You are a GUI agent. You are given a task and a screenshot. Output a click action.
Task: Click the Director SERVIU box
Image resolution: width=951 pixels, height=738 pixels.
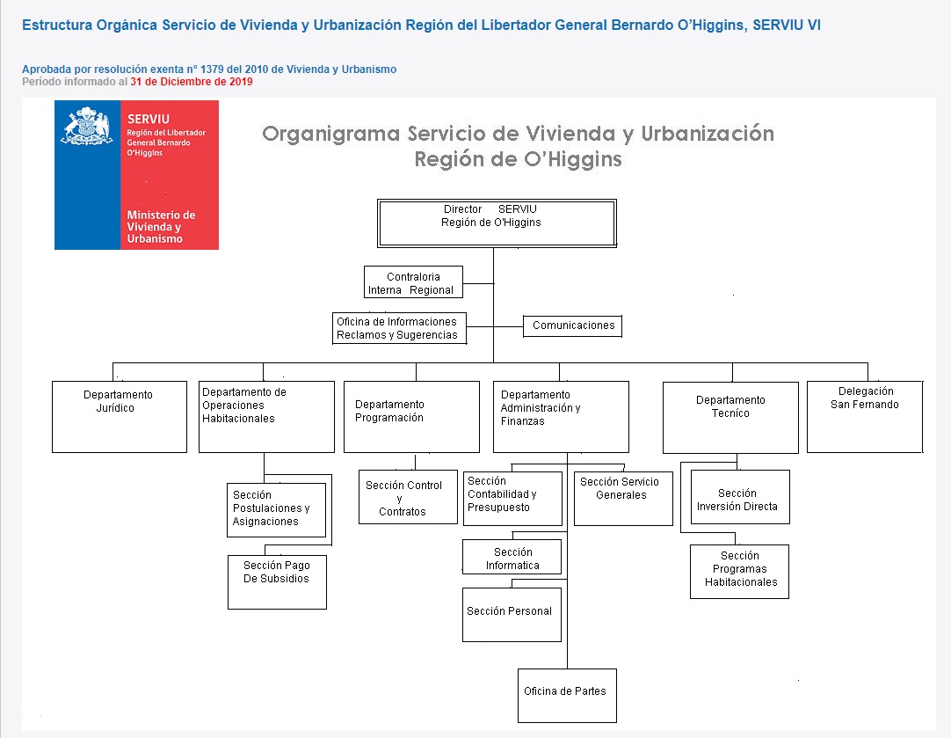click(x=497, y=223)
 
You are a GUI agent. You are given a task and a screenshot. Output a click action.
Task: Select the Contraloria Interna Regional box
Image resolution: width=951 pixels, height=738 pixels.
click(x=414, y=282)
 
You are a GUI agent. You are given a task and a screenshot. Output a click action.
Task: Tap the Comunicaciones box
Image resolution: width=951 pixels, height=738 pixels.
click(x=572, y=326)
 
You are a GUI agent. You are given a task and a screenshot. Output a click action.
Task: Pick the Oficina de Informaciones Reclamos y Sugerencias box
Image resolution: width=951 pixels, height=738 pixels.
click(x=400, y=328)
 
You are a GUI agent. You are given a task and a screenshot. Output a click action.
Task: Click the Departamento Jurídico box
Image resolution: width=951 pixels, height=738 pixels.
click(x=120, y=417)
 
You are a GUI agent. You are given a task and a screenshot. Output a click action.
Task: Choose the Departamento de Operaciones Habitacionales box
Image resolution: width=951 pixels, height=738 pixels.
click(x=267, y=417)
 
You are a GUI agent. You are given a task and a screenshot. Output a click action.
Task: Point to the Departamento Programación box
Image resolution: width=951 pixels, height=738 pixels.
click(x=412, y=417)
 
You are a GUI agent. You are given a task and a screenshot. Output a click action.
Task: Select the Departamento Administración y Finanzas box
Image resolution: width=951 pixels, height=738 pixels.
click(x=561, y=417)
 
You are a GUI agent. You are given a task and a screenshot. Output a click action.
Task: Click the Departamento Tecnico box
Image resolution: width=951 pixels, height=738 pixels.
click(x=731, y=418)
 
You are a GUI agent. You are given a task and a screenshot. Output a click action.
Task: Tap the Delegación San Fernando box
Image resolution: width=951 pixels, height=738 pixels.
click(x=865, y=417)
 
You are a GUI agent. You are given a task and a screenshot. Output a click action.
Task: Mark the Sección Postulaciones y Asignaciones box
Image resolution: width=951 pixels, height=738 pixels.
click(x=277, y=510)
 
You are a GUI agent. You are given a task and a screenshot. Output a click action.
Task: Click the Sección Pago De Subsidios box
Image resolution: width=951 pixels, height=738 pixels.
click(x=277, y=582)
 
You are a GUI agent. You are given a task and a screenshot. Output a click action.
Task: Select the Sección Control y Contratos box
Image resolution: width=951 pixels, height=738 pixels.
click(x=408, y=497)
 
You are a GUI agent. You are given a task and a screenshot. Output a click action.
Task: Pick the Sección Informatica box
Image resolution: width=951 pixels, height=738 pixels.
click(x=512, y=557)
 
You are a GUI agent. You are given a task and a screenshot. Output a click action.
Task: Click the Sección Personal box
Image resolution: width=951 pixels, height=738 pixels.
click(x=512, y=615)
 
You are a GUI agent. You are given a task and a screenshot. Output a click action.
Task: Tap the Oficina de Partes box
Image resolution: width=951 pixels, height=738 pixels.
click(x=567, y=696)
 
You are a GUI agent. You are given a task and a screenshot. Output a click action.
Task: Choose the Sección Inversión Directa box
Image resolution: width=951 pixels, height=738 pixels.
click(x=741, y=497)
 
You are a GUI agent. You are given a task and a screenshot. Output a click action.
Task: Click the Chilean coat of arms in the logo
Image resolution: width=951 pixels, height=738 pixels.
click(x=87, y=127)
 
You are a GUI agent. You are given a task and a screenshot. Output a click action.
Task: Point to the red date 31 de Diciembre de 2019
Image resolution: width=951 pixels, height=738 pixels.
click(x=192, y=82)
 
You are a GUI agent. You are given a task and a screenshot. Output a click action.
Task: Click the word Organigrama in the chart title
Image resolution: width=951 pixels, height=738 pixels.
click(x=331, y=134)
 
